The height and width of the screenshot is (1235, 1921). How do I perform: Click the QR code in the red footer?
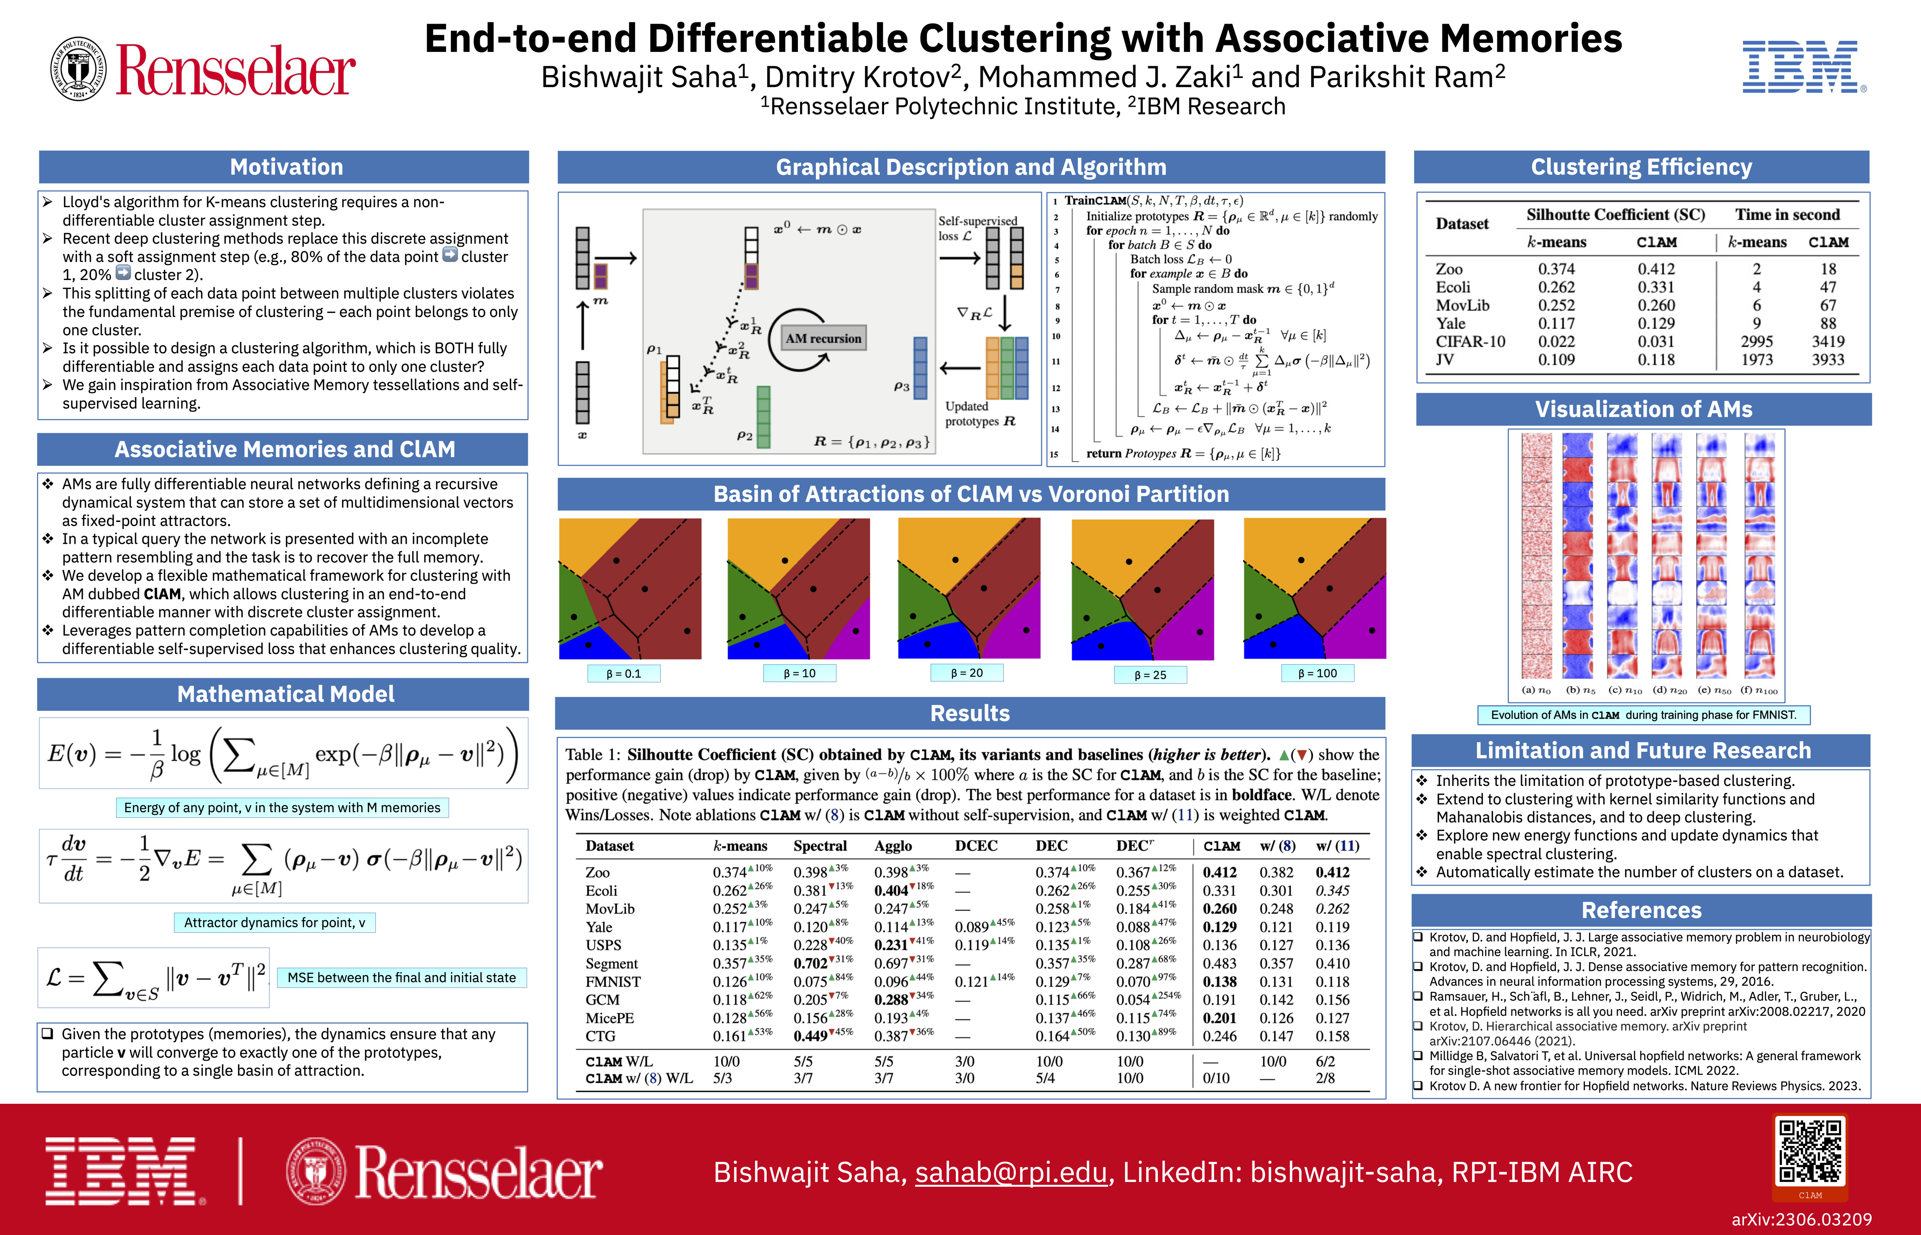tap(1810, 1152)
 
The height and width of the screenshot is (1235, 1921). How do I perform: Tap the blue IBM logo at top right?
tap(1800, 66)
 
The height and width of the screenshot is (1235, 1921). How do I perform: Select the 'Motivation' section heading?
tap(286, 167)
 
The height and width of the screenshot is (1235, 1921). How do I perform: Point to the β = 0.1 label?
tap(623, 674)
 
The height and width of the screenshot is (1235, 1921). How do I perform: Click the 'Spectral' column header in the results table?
tap(819, 846)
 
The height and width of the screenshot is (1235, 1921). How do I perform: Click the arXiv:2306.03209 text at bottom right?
tap(1801, 1220)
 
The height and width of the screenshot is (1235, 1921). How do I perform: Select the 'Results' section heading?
tap(970, 714)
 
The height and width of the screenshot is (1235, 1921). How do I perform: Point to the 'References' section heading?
tap(1641, 911)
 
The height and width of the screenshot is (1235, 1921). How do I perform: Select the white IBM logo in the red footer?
tap(124, 1171)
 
